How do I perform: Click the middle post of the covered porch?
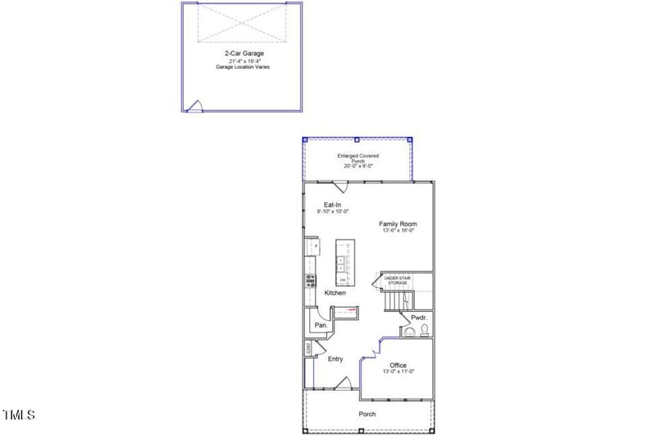[x=358, y=140]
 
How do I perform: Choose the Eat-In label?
[x=332, y=204]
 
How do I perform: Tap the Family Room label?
[x=398, y=224]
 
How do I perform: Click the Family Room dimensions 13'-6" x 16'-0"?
[x=398, y=231]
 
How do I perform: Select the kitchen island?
[x=344, y=262]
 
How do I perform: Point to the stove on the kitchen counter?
[x=311, y=279]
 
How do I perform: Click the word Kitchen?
[x=335, y=293]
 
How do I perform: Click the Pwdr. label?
[x=418, y=317]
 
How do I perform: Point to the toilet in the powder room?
[x=424, y=330]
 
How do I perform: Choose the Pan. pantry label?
[x=321, y=325]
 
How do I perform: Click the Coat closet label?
[x=308, y=349]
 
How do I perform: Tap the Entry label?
[x=335, y=359]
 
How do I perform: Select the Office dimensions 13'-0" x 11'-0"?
[x=399, y=372]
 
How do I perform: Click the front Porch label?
[x=367, y=414]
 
